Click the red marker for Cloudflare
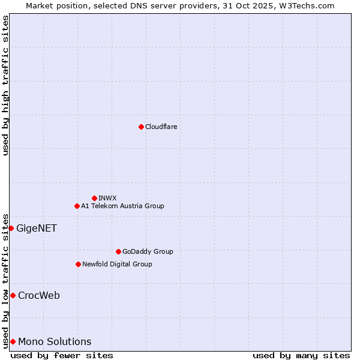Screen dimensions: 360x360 click(141, 127)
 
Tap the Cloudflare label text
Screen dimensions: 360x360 click(161, 127)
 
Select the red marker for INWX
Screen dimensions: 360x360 click(94, 198)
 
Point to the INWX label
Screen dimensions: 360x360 click(107, 198)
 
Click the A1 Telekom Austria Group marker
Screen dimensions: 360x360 click(77, 206)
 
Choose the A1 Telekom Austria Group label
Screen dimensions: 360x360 click(122, 206)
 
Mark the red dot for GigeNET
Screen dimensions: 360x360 click(11, 228)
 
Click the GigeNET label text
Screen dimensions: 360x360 click(36, 228)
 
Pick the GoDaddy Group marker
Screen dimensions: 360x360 click(118, 251)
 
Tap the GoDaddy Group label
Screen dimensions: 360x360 click(148, 251)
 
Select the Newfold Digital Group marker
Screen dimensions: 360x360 click(78, 264)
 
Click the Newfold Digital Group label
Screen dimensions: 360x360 click(117, 264)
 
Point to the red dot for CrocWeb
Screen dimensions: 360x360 click(13, 295)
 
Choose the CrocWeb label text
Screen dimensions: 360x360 click(39, 295)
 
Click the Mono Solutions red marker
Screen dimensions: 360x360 click(13, 341)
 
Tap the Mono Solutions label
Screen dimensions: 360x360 click(55, 342)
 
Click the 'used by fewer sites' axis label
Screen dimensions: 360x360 click(62, 355)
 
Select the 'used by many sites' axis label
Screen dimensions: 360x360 click(301, 355)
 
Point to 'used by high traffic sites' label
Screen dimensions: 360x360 click(5, 85)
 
